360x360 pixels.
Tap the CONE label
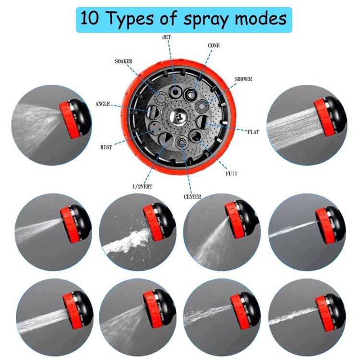point(214,46)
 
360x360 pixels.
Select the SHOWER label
point(243,79)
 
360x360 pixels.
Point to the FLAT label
point(253,132)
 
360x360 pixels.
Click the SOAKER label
point(123,62)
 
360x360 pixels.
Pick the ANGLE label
point(103,104)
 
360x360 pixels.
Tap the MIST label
point(106,148)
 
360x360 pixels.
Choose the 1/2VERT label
point(142,186)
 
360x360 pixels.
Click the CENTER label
point(192,197)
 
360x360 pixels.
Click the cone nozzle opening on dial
point(193,93)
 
